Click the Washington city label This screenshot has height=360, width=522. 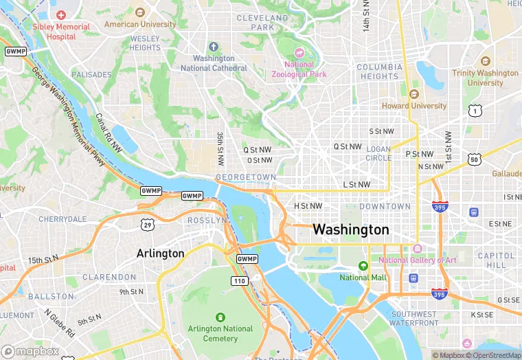(x=351, y=229)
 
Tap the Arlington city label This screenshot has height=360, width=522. (x=161, y=253)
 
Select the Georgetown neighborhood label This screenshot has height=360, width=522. (x=245, y=177)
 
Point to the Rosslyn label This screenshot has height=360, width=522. (x=207, y=220)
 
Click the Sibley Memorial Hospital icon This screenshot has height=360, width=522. (x=62, y=14)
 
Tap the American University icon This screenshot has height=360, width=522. (x=140, y=12)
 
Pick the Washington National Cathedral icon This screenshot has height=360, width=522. (x=213, y=47)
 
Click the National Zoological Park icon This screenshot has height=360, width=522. (x=298, y=53)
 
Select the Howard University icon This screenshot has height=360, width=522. (x=414, y=94)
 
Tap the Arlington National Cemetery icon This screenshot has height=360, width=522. (x=220, y=317)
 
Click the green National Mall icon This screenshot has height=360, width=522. (x=363, y=266)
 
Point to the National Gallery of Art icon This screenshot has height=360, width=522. (x=417, y=248)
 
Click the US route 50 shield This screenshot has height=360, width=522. (x=474, y=160)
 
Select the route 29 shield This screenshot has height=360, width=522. (x=147, y=225)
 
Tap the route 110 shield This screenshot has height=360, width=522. (x=239, y=281)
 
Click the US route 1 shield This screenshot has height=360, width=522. (x=474, y=110)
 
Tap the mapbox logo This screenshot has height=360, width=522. (x=31, y=351)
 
